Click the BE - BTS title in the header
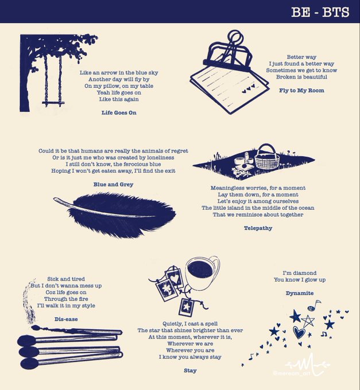tap(320, 12)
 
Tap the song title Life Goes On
tap(119, 112)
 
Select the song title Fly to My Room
tap(301, 91)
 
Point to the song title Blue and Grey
tap(113, 184)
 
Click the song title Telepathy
tap(258, 228)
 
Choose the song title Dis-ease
tap(66, 319)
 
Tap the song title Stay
tap(190, 370)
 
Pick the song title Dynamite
tap(300, 293)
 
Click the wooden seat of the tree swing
tap(53, 103)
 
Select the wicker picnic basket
tap(267, 157)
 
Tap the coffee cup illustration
tap(202, 273)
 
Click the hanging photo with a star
tap(187, 307)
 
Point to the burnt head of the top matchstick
tap(36, 328)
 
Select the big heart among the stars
tap(299, 332)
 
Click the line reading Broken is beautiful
tap(301, 77)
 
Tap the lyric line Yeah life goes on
tap(119, 93)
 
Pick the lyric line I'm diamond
tap(300, 273)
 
